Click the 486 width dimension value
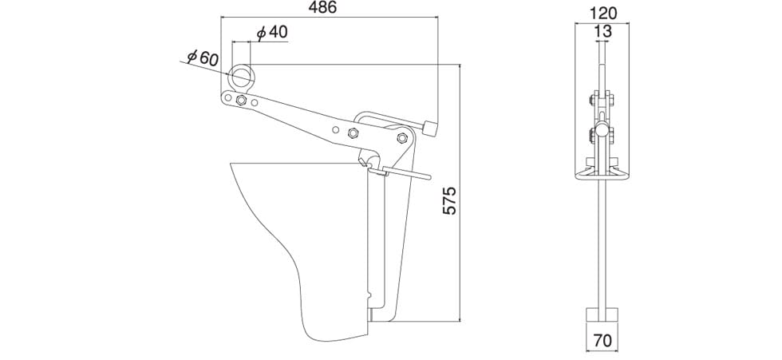point(322,7)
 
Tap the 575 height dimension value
point(450,200)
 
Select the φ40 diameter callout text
point(272,33)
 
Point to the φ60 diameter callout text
point(202,57)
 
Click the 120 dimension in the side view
point(602,13)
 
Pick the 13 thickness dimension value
point(602,32)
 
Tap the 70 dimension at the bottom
point(602,341)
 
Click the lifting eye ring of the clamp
point(241,77)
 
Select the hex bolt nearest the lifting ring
point(241,100)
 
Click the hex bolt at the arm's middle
point(352,133)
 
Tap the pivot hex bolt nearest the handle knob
point(402,137)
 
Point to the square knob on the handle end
point(429,129)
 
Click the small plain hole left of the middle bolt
point(336,130)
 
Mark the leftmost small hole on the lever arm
point(227,97)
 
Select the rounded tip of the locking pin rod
point(428,176)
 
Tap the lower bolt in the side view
point(601,133)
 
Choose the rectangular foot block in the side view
point(602,315)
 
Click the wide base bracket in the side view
point(602,173)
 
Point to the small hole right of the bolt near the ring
point(255,102)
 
